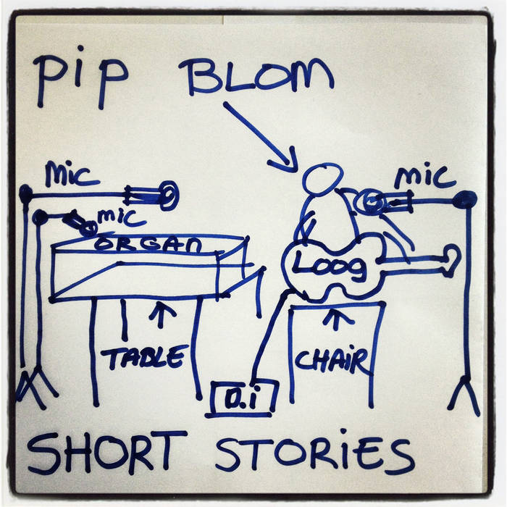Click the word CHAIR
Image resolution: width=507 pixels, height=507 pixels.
332,361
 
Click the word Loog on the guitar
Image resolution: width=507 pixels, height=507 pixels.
330,267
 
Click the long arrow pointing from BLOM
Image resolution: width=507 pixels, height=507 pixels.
261,138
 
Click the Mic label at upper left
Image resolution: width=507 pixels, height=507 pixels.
71,175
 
